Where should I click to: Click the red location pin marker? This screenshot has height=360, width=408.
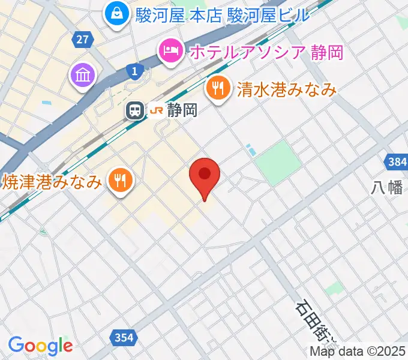click(205, 175)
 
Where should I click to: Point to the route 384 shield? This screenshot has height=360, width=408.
click(396, 162)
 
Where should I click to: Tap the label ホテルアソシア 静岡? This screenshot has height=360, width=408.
click(266, 52)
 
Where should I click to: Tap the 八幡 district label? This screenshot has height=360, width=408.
click(386, 187)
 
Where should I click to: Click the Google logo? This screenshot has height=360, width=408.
click(40, 346)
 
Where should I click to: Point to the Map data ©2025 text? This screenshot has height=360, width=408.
click(358, 352)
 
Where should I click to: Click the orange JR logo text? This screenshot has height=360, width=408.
click(157, 110)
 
